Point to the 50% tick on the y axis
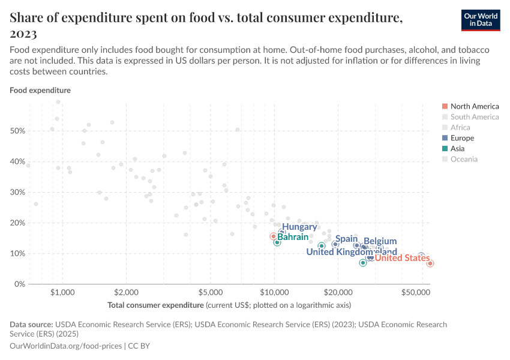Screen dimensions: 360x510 17,131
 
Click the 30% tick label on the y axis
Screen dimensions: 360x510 17,192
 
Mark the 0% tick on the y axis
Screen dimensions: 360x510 19,284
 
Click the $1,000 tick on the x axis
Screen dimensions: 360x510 62,292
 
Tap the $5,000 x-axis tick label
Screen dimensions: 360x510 211,292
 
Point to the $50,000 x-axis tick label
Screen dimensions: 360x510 417,292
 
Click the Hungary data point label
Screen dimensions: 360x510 299,227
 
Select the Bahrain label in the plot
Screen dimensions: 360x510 293,238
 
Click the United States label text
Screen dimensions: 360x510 402,259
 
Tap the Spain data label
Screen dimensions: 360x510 346,239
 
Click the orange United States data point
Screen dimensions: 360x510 430,263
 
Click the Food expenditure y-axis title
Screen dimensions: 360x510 40,91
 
